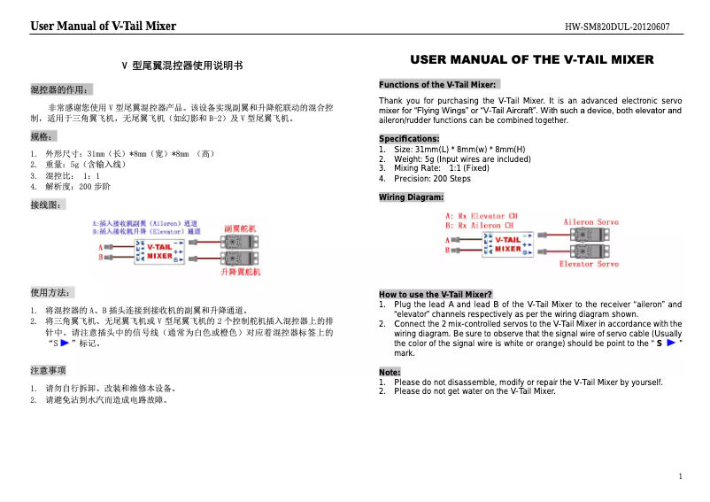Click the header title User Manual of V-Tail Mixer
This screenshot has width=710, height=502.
point(103,26)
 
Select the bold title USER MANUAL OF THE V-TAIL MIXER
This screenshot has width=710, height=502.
point(531,60)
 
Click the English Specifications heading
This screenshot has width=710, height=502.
point(409,139)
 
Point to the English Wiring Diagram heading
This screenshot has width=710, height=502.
point(412,197)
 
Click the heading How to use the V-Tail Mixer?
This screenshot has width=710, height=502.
point(436,294)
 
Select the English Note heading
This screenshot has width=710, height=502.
point(390,372)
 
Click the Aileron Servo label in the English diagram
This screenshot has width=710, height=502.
point(590,221)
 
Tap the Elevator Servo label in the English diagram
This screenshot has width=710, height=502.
point(589,264)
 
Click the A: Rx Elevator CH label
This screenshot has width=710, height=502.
point(482,215)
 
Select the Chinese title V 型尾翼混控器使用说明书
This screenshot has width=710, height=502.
point(181,66)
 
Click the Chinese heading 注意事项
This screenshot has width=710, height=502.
point(49,369)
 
